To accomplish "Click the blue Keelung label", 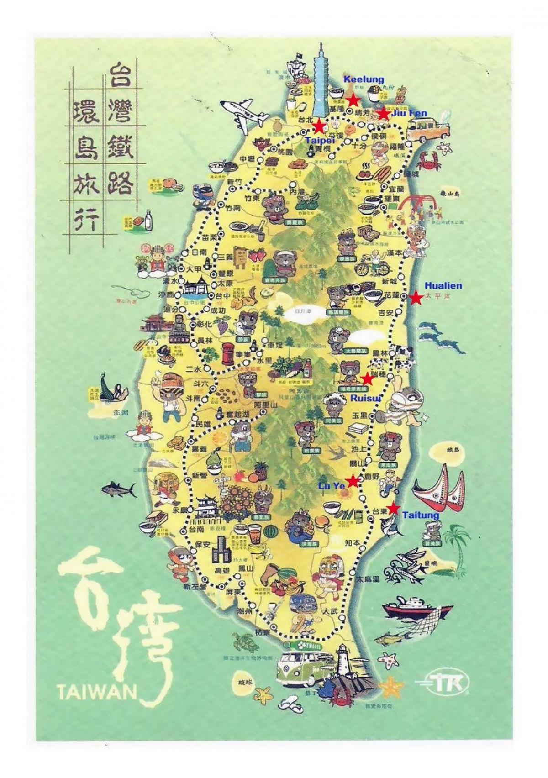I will point(364,79).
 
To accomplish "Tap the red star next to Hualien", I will point(416,298).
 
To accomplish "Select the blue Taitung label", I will point(421,515).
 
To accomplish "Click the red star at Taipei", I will point(319,126).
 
